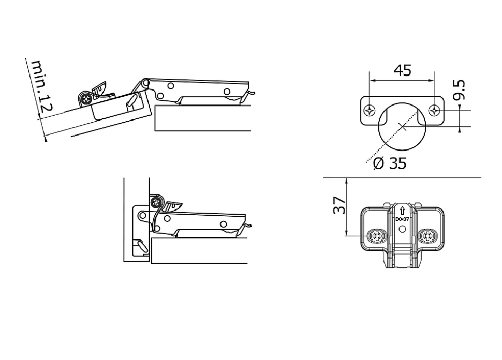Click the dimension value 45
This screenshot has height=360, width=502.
pyautogui.click(x=402, y=70)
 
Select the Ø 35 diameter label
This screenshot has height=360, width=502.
pyautogui.click(x=390, y=163)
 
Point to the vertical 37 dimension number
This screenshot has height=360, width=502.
pyautogui.click(x=338, y=205)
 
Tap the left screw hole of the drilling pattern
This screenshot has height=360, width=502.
pyautogui.click(x=370, y=110)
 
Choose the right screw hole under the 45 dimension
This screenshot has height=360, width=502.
pyautogui.click(x=435, y=110)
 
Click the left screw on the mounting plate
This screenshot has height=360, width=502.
pyautogui.click(x=376, y=237)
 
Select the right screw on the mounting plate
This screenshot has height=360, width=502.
pyautogui.click(x=428, y=237)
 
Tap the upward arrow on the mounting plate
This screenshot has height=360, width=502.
pyautogui.click(x=402, y=211)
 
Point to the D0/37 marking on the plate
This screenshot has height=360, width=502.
pyautogui.click(x=402, y=219)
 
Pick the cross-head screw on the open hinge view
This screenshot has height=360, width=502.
pyautogui.click(x=85, y=98)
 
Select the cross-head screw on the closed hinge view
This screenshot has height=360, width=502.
pyautogui.click(x=155, y=201)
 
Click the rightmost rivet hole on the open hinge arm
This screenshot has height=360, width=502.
pyautogui.click(x=227, y=92)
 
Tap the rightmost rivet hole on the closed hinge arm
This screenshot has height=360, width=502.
pyautogui.click(x=224, y=224)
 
